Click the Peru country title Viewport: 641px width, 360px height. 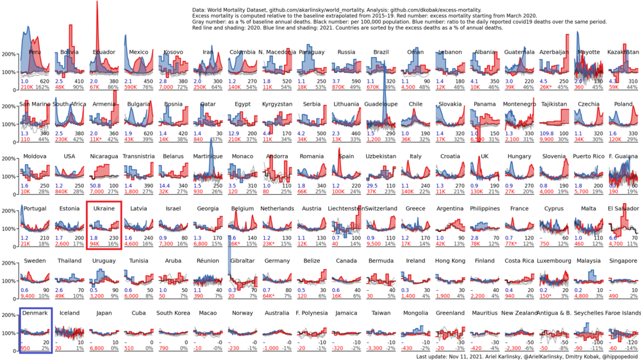tap(35, 52)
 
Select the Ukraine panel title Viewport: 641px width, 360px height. tap(104, 208)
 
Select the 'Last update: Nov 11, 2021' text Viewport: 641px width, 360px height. tap(455, 356)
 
